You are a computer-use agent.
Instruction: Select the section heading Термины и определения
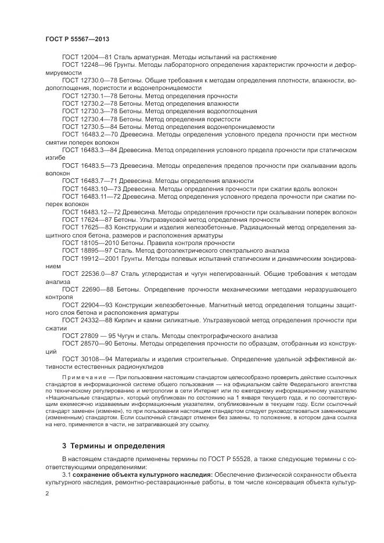pos(116,446)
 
